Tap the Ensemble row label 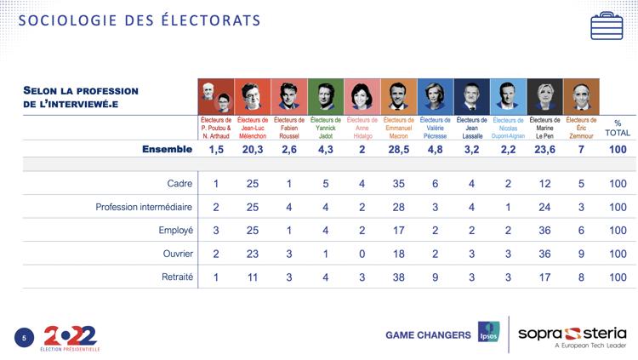pyautogui.click(x=167, y=150)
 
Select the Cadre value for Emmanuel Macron pyautogui.click(x=396, y=183)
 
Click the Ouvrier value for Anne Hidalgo pyautogui.click(x=361, y=254)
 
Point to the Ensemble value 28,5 pyautogui.click(x=396, y=150)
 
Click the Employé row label pyautogui.click(x=174, y=230)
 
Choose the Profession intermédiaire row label pyautogui.click(x=145, y=207)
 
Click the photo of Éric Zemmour pyautogui.click(x=581, y=96)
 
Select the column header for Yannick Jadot pyautogui.click(x=324, y=128)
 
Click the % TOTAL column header pyautogui.click(x=618, y=128)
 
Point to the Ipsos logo pyautogui.click(x=488, y=333)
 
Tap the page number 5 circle pyautogui.click(x=25, y=338)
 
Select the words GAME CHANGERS pyautogui.click(x=428, y=334)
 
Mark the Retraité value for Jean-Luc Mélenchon pyautogui.click(x=253, y=277)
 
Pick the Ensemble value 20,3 pyautogui.click(x=253, y=150)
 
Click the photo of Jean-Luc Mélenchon pyautogui.click(x=253, y=96)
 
